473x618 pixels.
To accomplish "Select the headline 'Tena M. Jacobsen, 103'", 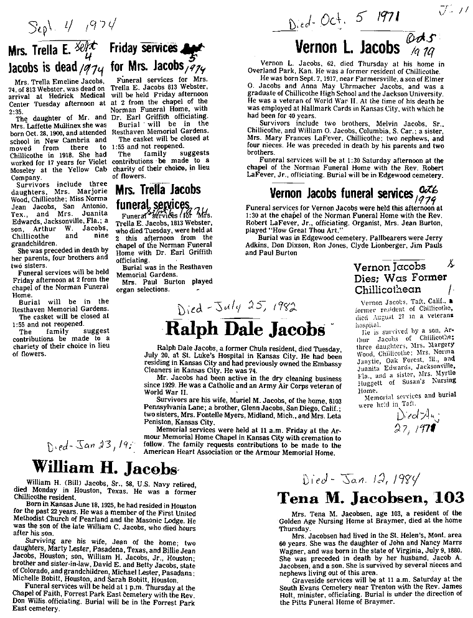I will point(362,497).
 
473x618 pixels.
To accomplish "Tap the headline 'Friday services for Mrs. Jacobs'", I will point(159,55).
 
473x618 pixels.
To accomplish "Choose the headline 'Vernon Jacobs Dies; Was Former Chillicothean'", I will point(390,279).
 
